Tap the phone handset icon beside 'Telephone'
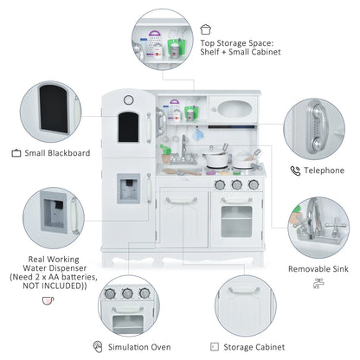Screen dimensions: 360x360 (295, 171)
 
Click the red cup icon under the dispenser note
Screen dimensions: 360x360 (47, 300)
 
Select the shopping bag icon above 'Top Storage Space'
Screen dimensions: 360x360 (205, 29)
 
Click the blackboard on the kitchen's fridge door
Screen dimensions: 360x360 (127, 125)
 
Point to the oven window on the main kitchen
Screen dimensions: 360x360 (236, 221)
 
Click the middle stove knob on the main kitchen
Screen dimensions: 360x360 (236, 183)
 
